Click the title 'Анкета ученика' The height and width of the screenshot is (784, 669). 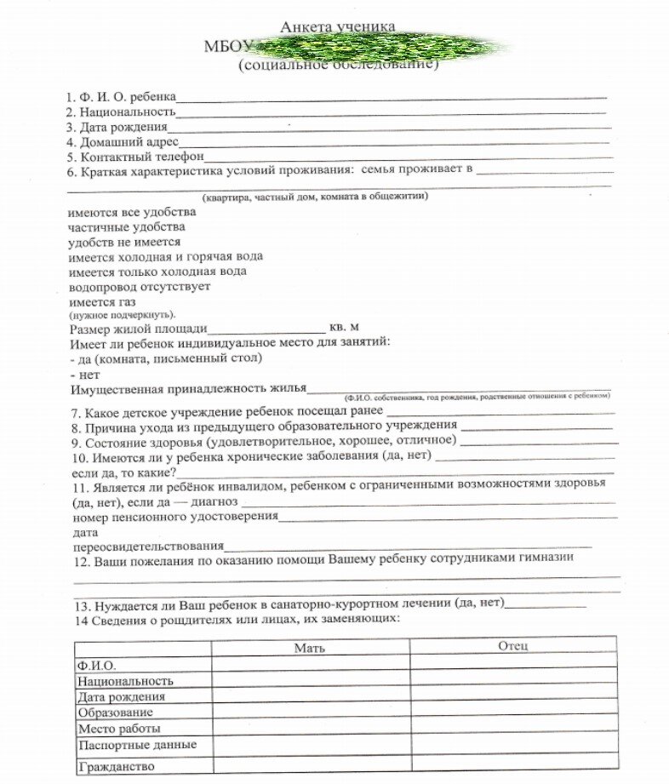(x=338, y=27)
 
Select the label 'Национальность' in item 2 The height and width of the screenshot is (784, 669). (x=127, y=112)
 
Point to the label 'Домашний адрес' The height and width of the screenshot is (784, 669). (x=129, y=142)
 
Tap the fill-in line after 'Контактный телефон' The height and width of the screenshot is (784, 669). (x=409, y=157)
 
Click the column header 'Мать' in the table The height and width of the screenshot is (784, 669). (x=310, y=648)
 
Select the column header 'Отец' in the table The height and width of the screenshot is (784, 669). (x=513, y=646)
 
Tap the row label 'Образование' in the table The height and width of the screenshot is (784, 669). (x=115, y=712)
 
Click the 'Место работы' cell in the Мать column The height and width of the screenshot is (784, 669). (x=310, y=729)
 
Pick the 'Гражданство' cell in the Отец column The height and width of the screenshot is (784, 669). (x=513, y=765)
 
